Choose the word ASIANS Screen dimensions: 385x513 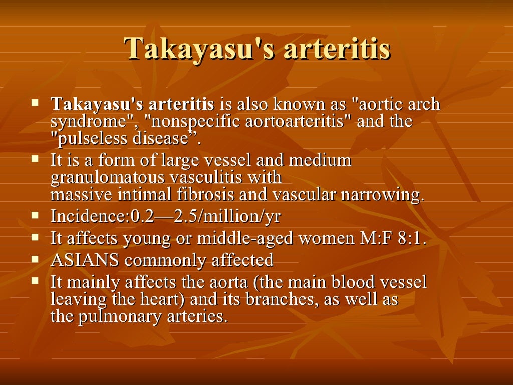tap(86, 260)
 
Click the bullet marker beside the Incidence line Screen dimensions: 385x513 tap(35, 215)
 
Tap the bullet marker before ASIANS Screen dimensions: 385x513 tap(35, 259)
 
